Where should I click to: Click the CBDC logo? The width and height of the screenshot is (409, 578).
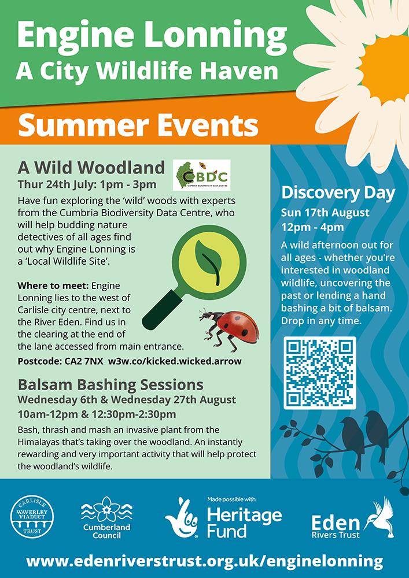point(202,175)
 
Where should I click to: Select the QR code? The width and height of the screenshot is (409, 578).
point(320,373)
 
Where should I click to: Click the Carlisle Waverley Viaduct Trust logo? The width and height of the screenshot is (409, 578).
point(32,517)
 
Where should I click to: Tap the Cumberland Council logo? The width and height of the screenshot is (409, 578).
point(106,517)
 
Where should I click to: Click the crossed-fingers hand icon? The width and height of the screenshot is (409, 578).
point(182,517)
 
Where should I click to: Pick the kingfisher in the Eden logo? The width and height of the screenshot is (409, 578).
point(379,517)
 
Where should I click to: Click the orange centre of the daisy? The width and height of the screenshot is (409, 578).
point(386,69)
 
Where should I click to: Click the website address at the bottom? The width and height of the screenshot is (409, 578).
point(204,561)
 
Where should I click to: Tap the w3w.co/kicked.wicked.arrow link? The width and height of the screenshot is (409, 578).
point(175,361)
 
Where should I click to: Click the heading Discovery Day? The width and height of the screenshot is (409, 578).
point(338,193)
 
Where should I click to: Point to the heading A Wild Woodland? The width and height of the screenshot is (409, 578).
point(91,168)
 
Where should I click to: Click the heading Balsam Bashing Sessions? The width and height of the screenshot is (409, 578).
point(110,385)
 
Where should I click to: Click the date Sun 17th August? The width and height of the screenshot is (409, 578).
point(325,213)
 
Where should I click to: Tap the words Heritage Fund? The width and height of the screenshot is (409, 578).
point(244,523)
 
